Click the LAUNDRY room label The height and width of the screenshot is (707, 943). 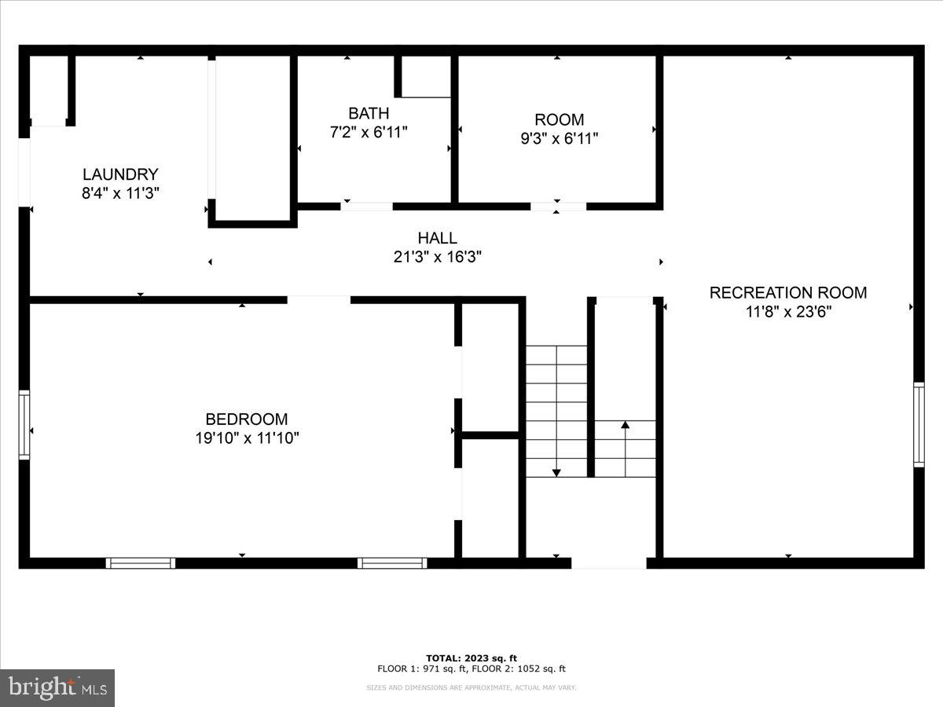point(120,174)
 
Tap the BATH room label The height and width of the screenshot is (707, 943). point(369,113)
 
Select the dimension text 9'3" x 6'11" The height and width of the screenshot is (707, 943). point(559,139)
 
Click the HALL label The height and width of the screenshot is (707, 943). point(437,237)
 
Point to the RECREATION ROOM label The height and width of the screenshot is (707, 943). point(788,292)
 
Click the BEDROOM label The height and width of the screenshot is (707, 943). point(247,419)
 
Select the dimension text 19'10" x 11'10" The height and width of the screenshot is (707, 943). point(247,438)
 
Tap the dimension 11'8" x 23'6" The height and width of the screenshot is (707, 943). point(788,311)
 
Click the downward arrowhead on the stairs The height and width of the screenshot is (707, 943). point(556,472)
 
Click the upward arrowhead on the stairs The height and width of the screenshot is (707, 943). point(625,425)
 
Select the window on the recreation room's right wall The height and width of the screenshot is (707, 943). point(919,424)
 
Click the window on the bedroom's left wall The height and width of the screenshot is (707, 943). point(24,424)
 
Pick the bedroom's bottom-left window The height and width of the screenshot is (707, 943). point(140,562)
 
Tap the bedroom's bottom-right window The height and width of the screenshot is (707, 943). point(392,562)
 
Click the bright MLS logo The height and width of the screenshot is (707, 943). point(57,687)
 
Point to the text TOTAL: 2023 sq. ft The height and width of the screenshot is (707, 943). point(472,658)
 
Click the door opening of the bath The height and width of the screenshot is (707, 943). point(366,207)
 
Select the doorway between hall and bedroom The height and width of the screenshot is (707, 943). point(318,299)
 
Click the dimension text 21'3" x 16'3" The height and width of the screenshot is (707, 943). point(437,256)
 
